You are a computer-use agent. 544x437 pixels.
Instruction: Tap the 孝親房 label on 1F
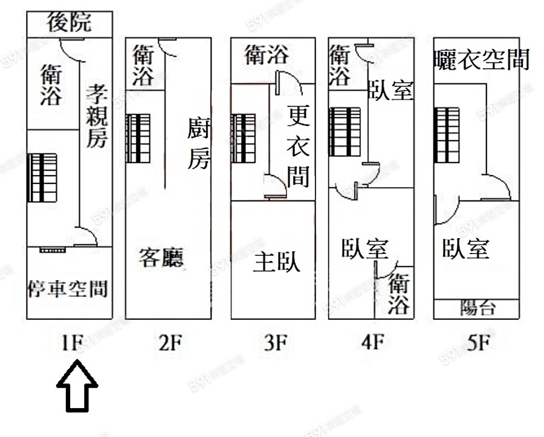coord(96,116)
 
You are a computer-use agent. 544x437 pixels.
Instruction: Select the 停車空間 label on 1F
coord(68,289)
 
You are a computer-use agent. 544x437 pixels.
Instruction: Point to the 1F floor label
coord(71,343)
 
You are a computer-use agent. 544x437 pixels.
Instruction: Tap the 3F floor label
coord(274,343)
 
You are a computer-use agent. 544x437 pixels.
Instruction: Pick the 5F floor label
coord(477,343)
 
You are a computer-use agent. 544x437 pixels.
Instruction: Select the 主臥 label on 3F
coord(277,262)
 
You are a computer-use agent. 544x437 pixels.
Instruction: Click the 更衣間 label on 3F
coord(299,146)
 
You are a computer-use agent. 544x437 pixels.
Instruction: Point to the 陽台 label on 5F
coord(478,308)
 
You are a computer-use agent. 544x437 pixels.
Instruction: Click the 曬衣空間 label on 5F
coord(481,60)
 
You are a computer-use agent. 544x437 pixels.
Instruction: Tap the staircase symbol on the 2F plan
coord(138,138)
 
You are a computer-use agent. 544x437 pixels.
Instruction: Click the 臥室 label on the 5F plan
coord(465,249)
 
